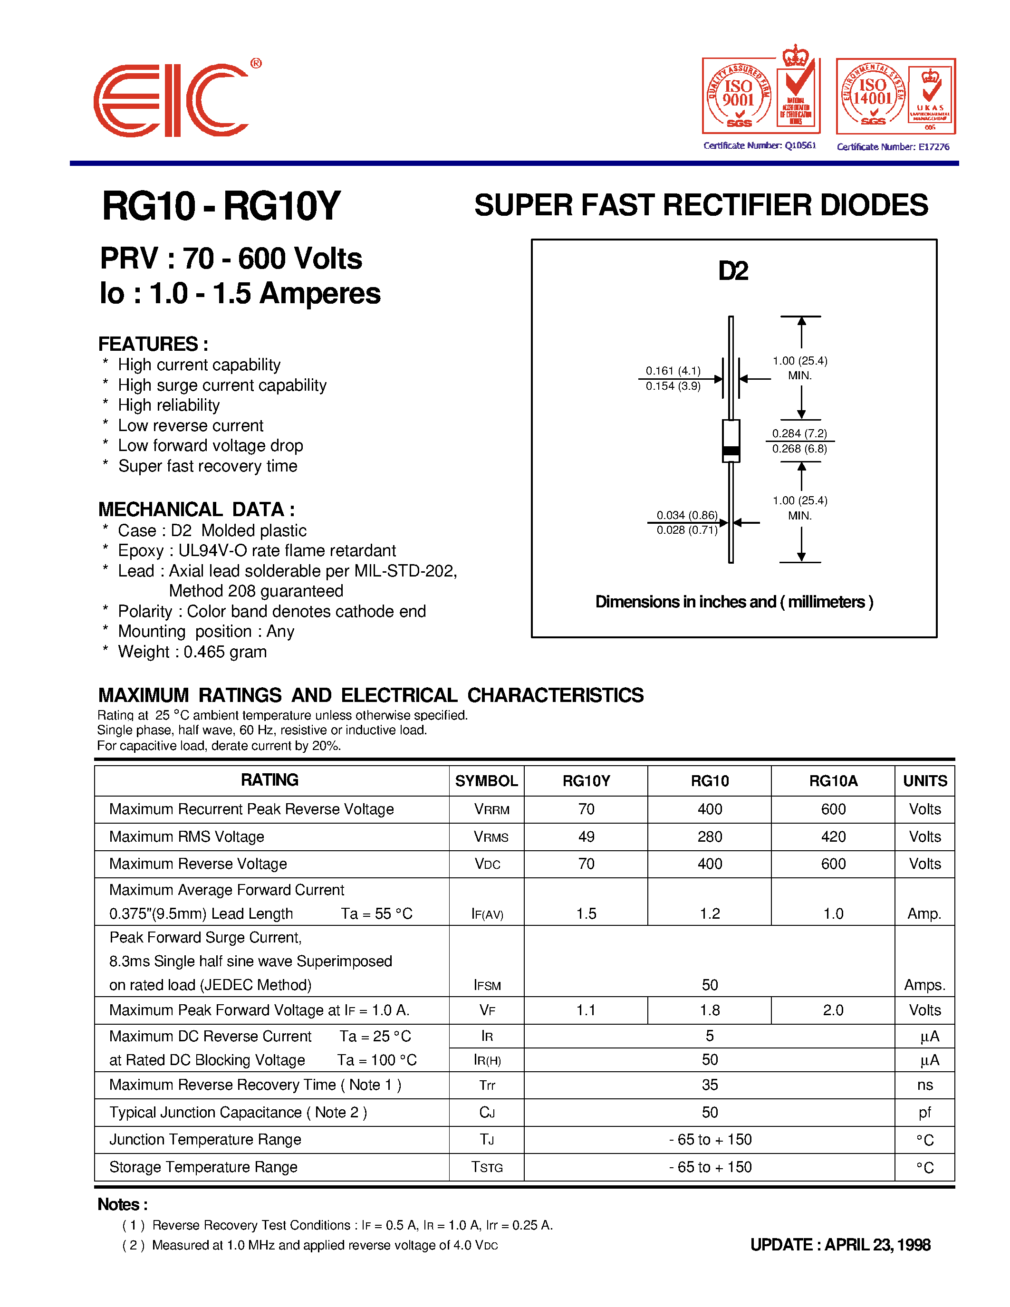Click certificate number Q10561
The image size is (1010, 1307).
click(x=760, y=145)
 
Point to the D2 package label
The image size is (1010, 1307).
click(x=733, y=271)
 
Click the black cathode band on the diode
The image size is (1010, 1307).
click(x=731, y=451)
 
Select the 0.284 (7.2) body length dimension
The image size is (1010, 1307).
click(x=799, y=433)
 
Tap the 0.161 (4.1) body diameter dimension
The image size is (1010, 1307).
click(x=673, y=371)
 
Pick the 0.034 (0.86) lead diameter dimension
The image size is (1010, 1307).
click(x=687, y=515)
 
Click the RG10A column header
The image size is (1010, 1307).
click(x=833, y=781)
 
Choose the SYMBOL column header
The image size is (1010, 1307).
click(x=486, y=781)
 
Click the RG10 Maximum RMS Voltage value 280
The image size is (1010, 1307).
click(x=710, y=836)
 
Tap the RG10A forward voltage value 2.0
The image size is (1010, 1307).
click(x=833, y=1010)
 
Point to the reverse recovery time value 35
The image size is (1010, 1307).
click(x=710, y=1085)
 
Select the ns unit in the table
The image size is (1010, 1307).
click(x=924, y=1085)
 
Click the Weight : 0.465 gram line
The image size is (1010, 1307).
click(x=192, y=652)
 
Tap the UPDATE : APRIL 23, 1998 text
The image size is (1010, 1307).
click(x=840, y=1245)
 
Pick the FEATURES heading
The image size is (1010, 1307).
click(x=153, y=344)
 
